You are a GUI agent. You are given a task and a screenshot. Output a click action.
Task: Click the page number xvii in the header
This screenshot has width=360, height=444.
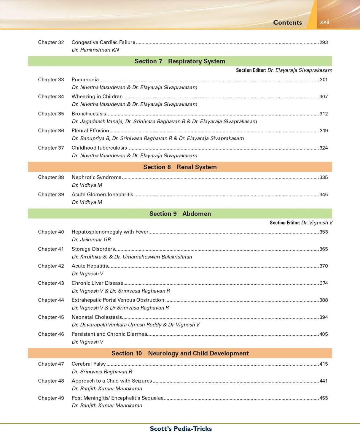click(324, 22)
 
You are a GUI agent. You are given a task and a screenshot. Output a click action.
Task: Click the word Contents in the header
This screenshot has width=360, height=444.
click(287, 23)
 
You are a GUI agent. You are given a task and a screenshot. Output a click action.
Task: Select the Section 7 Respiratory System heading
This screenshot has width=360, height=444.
click(180, 61)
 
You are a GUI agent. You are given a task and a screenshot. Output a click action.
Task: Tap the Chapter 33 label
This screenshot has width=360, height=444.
click(51, 80)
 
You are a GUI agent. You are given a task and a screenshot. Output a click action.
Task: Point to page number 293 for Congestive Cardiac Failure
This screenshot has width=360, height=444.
click(324, 42)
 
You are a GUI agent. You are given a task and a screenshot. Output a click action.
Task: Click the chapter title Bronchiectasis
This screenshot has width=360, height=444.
click(89, 114)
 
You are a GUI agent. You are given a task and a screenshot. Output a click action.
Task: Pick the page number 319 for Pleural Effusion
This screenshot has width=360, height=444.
click(324, 131)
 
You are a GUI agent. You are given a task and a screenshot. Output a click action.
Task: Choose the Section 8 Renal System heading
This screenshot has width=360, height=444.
click(180, 167)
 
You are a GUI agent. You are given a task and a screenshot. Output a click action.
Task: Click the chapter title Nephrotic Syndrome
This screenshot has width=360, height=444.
click(96, 177)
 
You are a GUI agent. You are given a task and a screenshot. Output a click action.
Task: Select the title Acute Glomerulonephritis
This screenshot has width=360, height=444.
click(102, 194)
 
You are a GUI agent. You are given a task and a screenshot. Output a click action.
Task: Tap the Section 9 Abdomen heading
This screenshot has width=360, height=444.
click(180, 214)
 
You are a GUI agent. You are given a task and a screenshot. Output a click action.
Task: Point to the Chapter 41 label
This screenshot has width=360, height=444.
click(51, 249)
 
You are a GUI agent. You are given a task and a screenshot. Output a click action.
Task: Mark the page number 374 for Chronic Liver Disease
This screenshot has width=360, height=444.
click(324, 283)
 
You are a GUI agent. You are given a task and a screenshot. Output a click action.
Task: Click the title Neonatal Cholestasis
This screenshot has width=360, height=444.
click(97, 317)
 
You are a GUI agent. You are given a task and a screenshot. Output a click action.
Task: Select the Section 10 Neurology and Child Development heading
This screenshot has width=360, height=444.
click(180, 353)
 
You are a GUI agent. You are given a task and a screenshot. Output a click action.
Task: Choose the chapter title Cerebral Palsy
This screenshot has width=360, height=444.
click(88, 364)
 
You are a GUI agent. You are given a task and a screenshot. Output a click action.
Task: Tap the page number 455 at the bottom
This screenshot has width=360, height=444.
click(324, 398)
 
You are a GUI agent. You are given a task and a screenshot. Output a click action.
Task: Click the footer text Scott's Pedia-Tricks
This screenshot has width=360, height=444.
click(181, 429)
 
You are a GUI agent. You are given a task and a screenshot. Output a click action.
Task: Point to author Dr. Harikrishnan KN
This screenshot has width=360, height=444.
click(95, 50)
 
